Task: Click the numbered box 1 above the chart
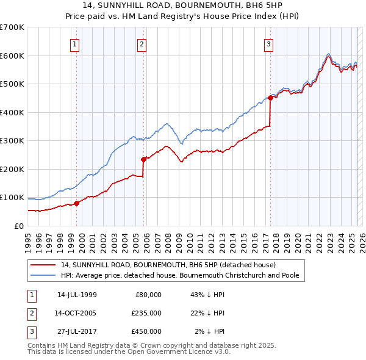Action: (x=74, y=43)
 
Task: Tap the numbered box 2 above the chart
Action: (x=141, y=43)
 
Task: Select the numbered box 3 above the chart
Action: (x=268, y=43)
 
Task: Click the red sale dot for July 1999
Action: (x=77, y=203)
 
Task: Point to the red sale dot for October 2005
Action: (x=144, y=159)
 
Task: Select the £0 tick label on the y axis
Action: (x=18, y=226)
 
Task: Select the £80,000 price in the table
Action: (x=147, y=295)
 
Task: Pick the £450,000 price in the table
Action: (x=146, y=331)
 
